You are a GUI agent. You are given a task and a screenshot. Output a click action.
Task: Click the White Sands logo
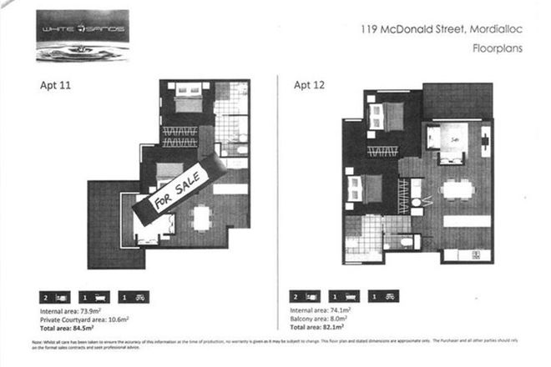[x=82, y=36]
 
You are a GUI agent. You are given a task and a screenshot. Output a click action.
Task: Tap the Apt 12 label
[x=310, y=83]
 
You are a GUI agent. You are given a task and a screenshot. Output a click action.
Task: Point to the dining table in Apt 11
[x=201, y=218]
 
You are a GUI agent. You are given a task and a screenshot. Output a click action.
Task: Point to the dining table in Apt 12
[x=457, y=189]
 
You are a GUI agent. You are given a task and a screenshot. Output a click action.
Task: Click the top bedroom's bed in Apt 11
[x=188, y=101]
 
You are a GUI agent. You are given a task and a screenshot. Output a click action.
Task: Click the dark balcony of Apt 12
[x=451, y=100]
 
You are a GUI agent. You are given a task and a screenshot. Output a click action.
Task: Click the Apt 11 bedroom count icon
[x=52, y=296]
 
